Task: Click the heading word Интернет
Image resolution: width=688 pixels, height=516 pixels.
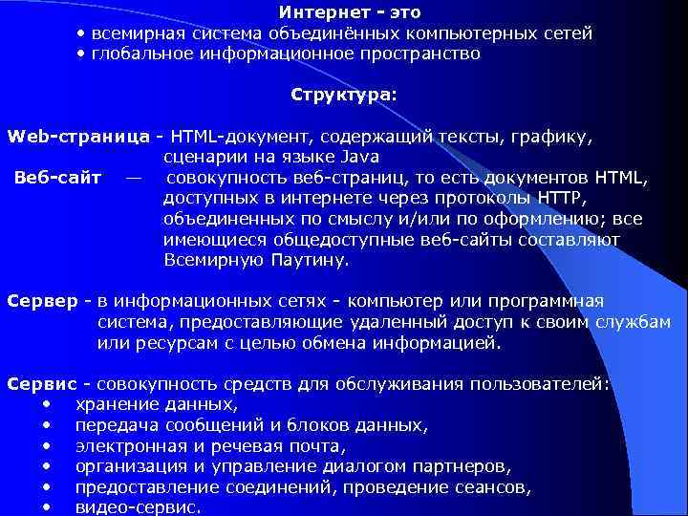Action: (322, 12)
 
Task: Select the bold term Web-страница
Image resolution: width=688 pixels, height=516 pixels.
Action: (77, 137)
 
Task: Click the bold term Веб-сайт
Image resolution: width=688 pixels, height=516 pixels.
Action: (58, 178)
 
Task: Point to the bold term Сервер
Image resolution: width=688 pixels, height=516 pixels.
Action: (43, 301)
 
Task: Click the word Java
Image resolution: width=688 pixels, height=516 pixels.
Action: (359, 157)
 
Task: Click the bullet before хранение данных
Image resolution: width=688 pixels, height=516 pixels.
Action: (46, 404)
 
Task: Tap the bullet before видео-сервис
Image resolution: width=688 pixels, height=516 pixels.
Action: (46, 507)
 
